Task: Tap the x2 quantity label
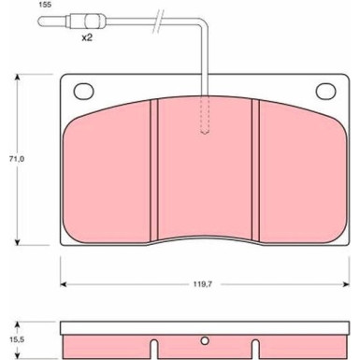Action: click(x=87, y=38)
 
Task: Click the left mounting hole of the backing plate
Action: click(x=83, y=91)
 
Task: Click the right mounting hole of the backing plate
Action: click(x=325, y=91)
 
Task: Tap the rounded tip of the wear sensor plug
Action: click(x=39, y=22)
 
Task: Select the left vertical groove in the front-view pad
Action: click(x=154, y=170)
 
